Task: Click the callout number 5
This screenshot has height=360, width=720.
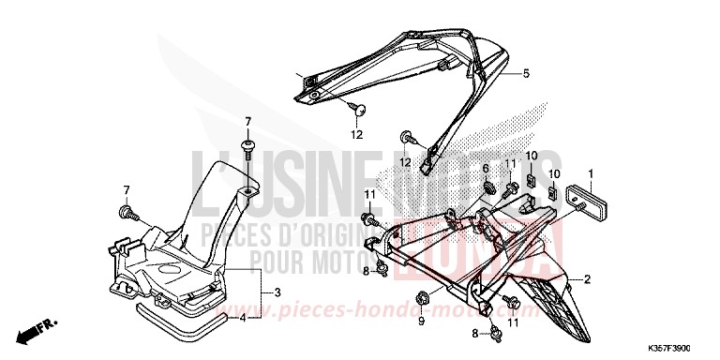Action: [526, 73]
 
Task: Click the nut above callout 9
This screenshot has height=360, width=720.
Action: [422, 298]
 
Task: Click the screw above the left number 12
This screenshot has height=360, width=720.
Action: [359, 110]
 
